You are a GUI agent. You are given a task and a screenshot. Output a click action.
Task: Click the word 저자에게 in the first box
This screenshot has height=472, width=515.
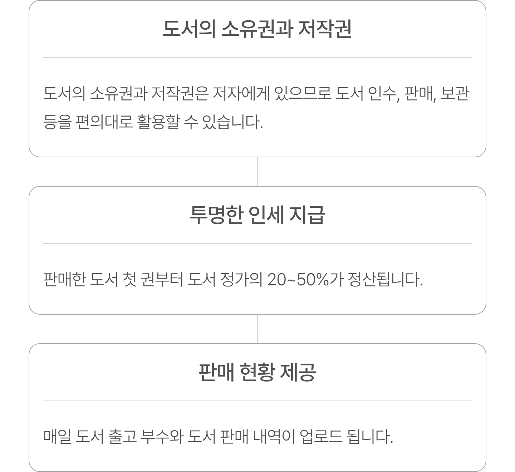[241, 93]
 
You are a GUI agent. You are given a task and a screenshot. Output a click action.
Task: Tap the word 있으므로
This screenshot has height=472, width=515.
[303, 93]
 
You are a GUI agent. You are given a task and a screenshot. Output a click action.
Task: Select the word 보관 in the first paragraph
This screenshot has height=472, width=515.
[455, 93]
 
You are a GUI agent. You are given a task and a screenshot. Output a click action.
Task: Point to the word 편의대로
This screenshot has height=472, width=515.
[104, 122]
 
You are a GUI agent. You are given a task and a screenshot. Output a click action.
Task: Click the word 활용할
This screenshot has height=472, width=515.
[158, 122]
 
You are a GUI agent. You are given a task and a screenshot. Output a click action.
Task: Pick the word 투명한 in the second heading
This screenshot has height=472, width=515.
[216, 215]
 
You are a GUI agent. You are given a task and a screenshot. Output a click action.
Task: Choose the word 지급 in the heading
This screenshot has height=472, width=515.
[307, 215]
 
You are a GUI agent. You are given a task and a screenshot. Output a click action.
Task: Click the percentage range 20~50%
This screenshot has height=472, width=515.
[298, 279]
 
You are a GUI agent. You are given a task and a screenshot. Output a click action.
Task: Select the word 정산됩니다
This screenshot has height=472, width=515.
[385, 279]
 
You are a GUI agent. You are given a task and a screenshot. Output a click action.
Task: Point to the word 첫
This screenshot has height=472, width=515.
[130, 279]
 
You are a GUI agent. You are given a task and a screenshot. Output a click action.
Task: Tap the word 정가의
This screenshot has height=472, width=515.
[241, 279]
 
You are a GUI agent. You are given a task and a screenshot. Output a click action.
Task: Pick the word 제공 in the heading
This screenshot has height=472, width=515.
[298, 372]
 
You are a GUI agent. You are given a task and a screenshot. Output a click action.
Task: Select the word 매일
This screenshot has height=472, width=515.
[57, 436]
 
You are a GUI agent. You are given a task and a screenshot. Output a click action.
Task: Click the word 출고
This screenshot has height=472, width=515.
[122, 436]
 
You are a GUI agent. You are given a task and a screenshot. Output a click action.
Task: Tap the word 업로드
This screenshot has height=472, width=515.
[321, 436]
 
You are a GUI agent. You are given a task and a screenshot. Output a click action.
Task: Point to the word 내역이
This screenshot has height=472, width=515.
[274, 436]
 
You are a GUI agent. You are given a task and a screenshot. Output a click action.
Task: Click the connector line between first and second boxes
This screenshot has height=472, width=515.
[258, 172]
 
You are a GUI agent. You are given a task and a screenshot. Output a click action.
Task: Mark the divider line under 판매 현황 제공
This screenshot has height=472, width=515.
[257, 400]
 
